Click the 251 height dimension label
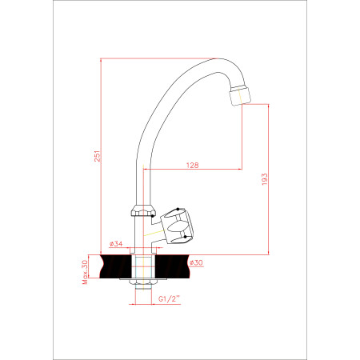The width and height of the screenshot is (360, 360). coord(98,156)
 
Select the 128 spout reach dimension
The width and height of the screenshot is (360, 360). coord(192,166)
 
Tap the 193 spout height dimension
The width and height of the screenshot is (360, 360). coord(264,179)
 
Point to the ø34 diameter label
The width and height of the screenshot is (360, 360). coord(116,243)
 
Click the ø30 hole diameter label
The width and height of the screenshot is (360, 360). coord(196,262)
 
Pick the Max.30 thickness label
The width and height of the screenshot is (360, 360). coord(85,272)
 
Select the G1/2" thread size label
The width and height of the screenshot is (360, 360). coord(170,298)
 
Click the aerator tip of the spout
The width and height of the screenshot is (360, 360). coord(240,95)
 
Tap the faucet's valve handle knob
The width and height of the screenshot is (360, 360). coord(178,226)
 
